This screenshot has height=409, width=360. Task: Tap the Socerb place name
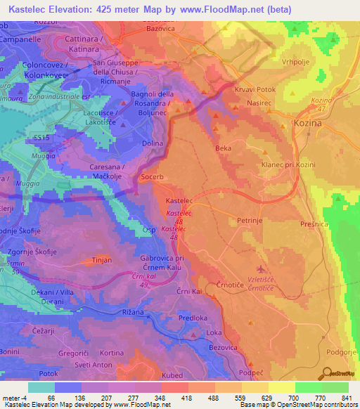(x=153, y=177)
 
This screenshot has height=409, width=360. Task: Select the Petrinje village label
(x=250, y=220)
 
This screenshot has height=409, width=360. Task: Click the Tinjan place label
(x=103, y=261)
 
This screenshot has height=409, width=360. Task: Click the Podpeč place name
(x=250, y=374)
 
